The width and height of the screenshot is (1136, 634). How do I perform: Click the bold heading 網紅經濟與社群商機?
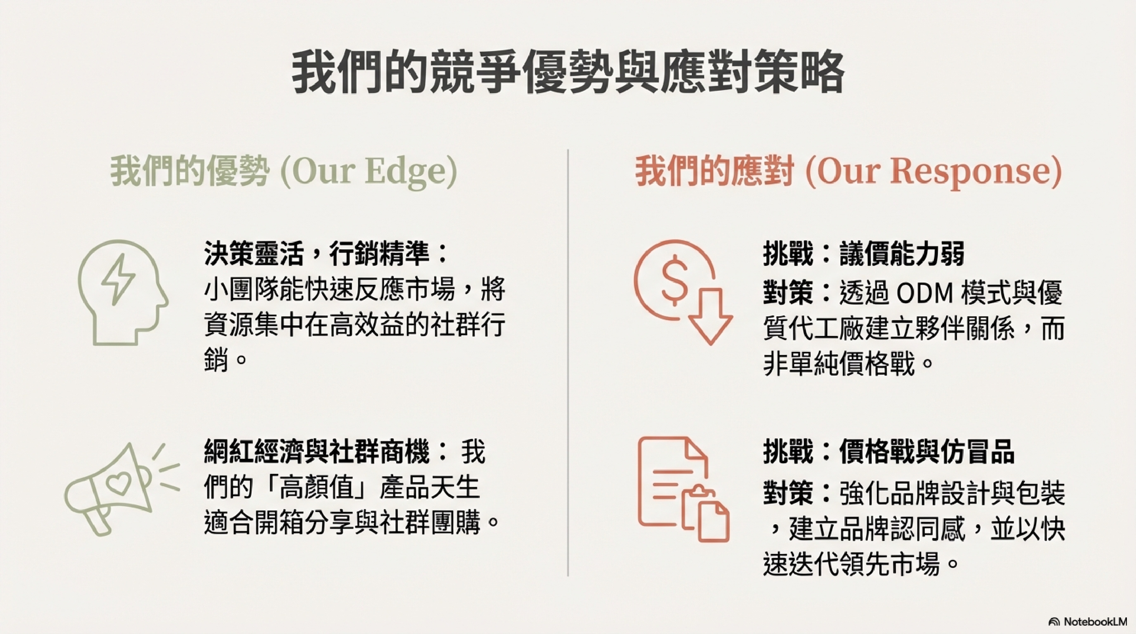click(316, 451)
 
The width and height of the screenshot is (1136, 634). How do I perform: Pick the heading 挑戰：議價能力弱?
click(863, 254)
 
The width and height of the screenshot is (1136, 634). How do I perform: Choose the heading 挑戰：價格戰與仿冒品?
click(889, 451)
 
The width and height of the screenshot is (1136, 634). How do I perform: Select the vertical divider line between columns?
click(568, 363)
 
